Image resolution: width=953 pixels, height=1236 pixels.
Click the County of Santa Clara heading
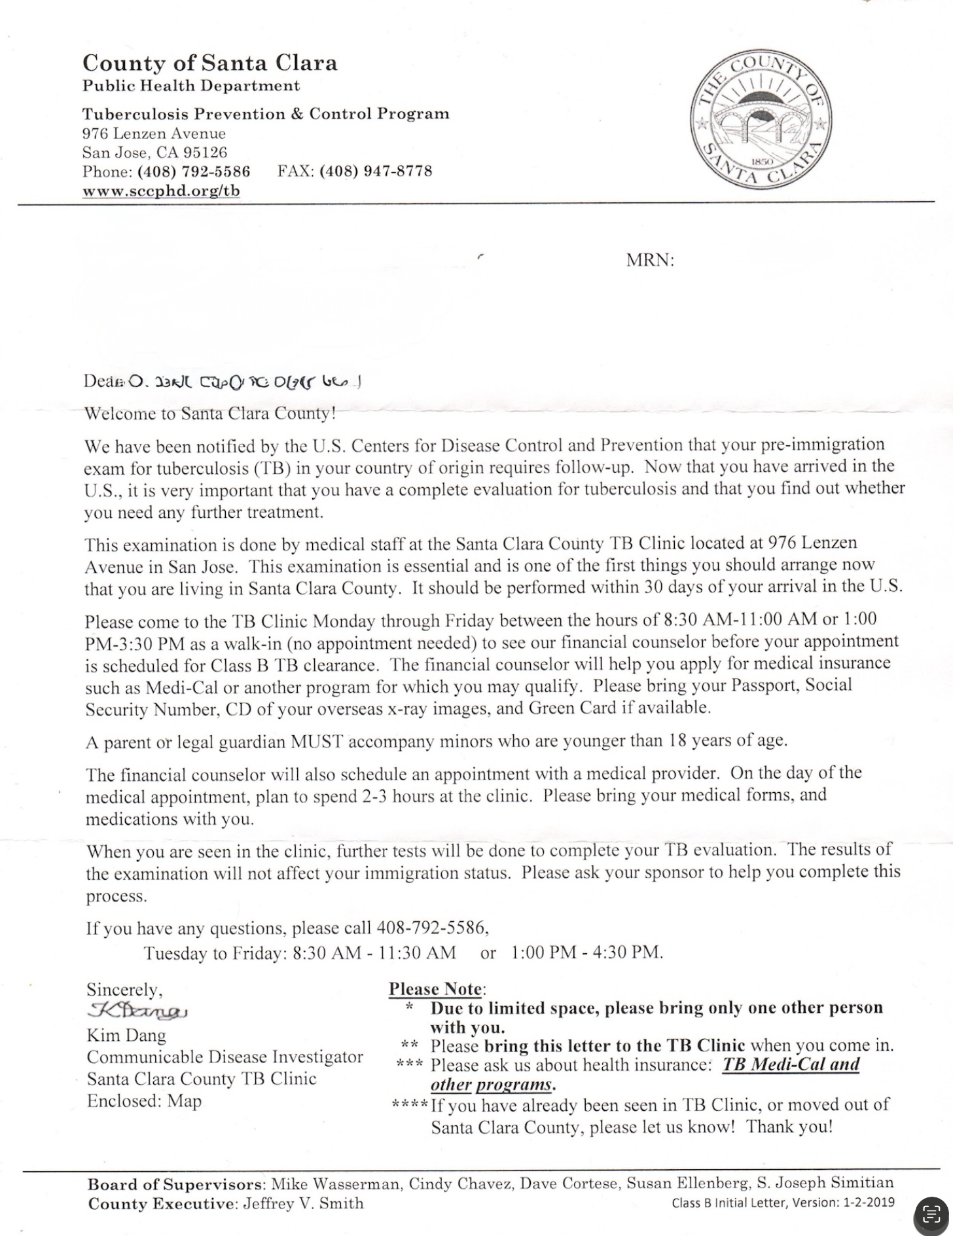(209, 63)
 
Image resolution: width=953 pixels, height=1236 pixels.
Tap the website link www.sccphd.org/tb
(161, 191)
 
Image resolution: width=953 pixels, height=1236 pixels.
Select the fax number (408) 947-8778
(376, 172)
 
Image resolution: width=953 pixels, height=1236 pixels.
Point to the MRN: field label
(649, 261)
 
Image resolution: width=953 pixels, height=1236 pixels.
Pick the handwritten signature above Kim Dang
(137, 1011)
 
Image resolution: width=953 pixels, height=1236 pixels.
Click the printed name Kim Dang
(126, 1036)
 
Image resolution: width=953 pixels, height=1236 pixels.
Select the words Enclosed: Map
(144, 1101)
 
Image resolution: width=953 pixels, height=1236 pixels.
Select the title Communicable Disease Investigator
(225, 1057)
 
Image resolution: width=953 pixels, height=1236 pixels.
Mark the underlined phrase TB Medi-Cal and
(790, 1064)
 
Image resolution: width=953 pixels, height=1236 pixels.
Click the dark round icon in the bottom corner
(931, 1214)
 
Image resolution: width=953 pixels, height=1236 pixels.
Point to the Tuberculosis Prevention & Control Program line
(266, 113)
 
